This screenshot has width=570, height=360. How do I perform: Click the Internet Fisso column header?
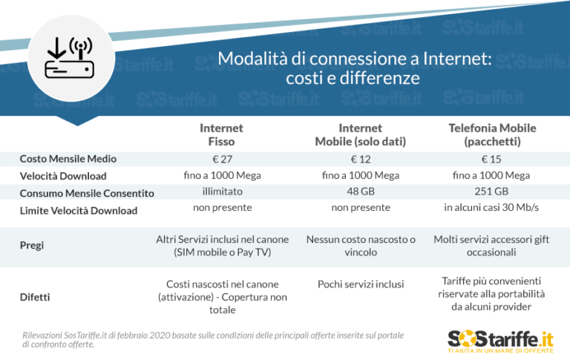(x=221, y=134)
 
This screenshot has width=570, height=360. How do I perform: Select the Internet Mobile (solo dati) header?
(x=360, y=134)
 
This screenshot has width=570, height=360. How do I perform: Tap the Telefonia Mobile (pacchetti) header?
(x=492, y=134)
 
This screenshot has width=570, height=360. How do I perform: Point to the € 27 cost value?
(x=221, y=159)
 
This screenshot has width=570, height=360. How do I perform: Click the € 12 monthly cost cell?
(x=360, y=159)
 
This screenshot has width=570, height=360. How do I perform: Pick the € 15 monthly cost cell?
(x=492, y=159)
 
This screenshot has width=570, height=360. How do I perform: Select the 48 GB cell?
(x=360, y=192)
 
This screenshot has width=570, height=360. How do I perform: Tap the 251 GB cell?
(x=492, y=192)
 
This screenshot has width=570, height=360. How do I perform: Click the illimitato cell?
(x=221, y=192)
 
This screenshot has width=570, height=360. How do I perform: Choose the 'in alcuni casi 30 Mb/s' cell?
(x=492, y=208)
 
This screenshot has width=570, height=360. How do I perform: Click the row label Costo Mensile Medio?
(x=68, y=159)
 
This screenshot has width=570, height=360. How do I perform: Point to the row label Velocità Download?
(x=63, y=176)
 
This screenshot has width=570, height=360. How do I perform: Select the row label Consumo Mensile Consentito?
(x=87, y=193)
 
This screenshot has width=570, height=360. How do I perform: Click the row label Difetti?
(x=34, y=297)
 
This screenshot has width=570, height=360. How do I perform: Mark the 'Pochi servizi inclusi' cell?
(x=360, y=284)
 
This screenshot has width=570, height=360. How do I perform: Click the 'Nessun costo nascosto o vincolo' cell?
(x=360, y=246)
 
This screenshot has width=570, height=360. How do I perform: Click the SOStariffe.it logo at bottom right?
(x=501, y=341)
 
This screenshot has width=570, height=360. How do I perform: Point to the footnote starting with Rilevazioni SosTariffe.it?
(x=213, y=340)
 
